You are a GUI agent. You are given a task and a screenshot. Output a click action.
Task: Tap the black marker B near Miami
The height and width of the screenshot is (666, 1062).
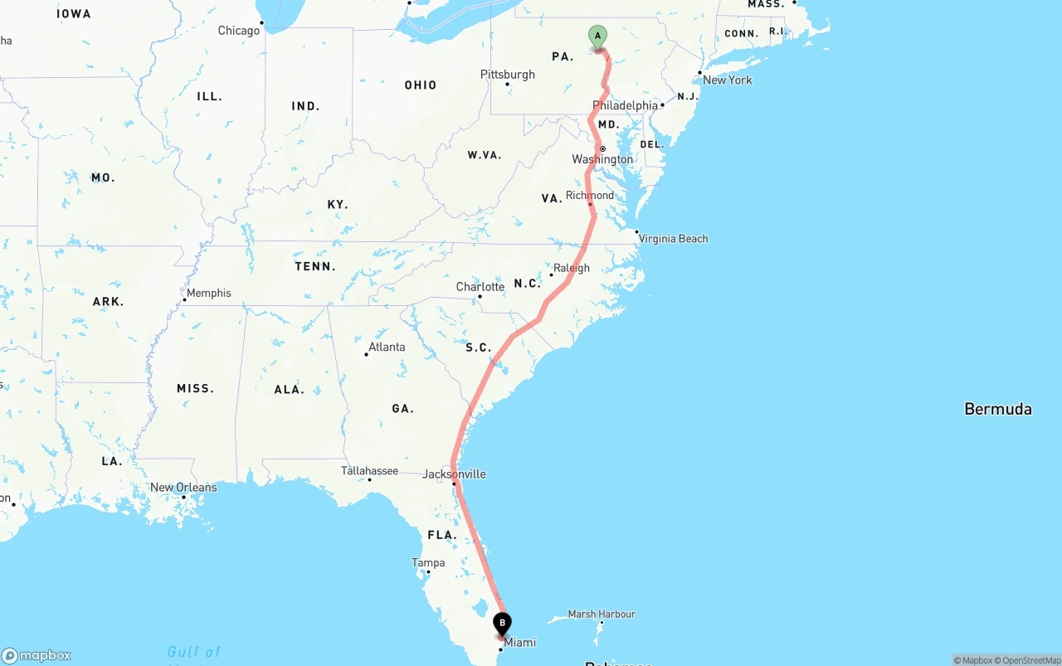coord(502,624)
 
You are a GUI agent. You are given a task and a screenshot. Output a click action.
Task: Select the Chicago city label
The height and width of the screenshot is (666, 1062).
coord(239,31)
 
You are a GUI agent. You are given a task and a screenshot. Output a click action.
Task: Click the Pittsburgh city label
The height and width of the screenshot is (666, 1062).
coord(508,75)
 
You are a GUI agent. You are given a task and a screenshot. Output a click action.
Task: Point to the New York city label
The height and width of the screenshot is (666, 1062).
coord(727,80)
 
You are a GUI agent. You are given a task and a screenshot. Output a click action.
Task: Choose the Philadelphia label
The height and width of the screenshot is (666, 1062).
coord(625,105)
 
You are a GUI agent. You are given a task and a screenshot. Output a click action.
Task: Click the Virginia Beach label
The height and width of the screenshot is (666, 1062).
coord(673,239)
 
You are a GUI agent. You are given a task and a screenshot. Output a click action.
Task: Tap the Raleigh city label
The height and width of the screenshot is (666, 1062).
coord(572,268)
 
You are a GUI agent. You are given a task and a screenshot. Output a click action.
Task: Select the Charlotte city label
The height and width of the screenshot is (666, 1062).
coord(480,287)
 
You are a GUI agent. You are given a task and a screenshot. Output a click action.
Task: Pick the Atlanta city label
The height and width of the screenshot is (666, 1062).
coord(387,347)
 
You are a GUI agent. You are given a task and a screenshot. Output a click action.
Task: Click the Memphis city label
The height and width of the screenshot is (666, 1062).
coord(209,293)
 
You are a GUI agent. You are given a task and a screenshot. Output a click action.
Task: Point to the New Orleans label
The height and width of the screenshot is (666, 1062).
coord(183,488)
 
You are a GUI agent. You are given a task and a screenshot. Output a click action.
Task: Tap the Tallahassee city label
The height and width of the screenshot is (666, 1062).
coord(369,471)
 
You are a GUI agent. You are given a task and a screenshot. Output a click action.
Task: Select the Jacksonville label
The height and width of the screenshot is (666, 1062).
coord(454,474)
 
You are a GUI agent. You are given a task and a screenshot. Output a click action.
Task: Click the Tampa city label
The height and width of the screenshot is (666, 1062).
coord(428,563)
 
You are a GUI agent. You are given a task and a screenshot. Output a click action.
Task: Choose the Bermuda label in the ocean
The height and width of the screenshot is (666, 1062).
coord(998,409)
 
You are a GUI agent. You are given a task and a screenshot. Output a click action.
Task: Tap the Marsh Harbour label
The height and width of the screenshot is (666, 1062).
coord(602,615)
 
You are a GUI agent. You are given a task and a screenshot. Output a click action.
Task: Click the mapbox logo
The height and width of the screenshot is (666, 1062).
coord(37,656)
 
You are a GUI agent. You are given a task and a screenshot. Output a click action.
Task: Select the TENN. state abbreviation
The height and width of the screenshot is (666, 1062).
coord(315,267)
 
